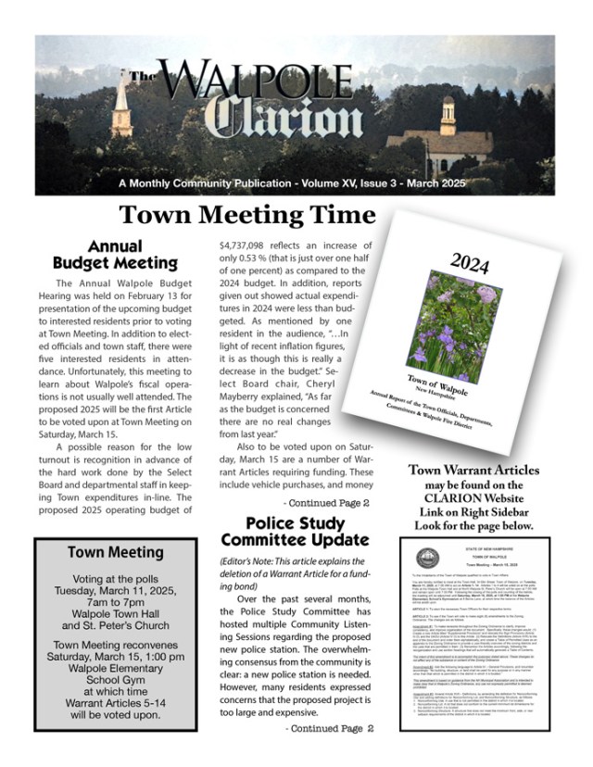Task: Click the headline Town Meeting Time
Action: pyautogui.click(x=247, y=216)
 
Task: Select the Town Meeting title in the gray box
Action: pyautogui.click(x=116, y=553)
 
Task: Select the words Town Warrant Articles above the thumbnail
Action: pyautogui.click(x=473, y=471)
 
